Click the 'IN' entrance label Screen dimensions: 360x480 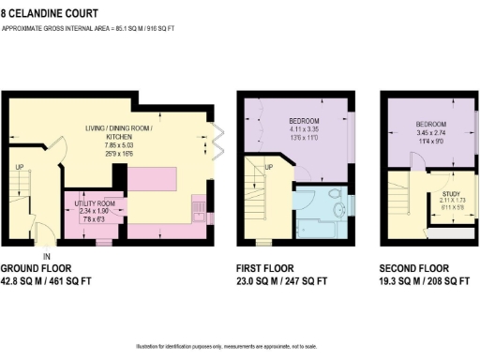47,255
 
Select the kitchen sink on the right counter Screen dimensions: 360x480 198,207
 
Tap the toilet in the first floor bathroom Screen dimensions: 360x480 337,198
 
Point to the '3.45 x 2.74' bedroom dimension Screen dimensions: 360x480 430,133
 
